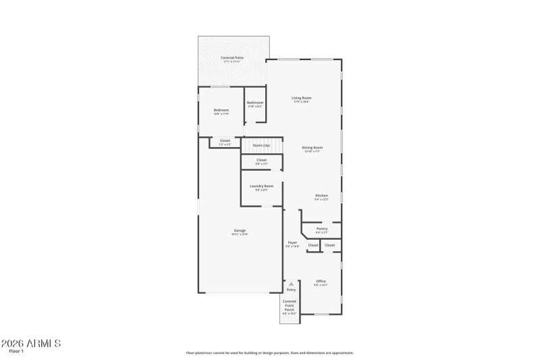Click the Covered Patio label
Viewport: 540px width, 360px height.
tap(232, 58)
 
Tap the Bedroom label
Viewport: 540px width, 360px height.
tap(221, 110)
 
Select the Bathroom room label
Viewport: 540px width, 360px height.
tap(254, 103)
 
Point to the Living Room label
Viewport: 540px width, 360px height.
tap(301, 98)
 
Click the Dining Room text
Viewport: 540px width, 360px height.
tap(312, 147)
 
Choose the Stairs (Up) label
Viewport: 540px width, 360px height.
tap(261, 145)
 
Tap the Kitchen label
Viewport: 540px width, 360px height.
tap(321, 196)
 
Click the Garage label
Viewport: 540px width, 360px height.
tap(240, 230)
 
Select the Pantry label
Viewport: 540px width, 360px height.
tap(322, 228)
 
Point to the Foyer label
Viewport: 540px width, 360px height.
tap(292, 242)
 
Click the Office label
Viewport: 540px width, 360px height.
tap(321, 281)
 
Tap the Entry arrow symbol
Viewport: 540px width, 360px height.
tap(292, 284)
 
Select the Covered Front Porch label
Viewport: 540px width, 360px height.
tap(289, 305)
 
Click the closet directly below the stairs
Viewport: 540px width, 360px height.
tap(261, 160)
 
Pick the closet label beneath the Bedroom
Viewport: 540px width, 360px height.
tap(225, 140)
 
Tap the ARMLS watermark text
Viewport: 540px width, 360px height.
tap(32, 344)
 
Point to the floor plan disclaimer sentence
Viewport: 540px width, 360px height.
tap(270, 353)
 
